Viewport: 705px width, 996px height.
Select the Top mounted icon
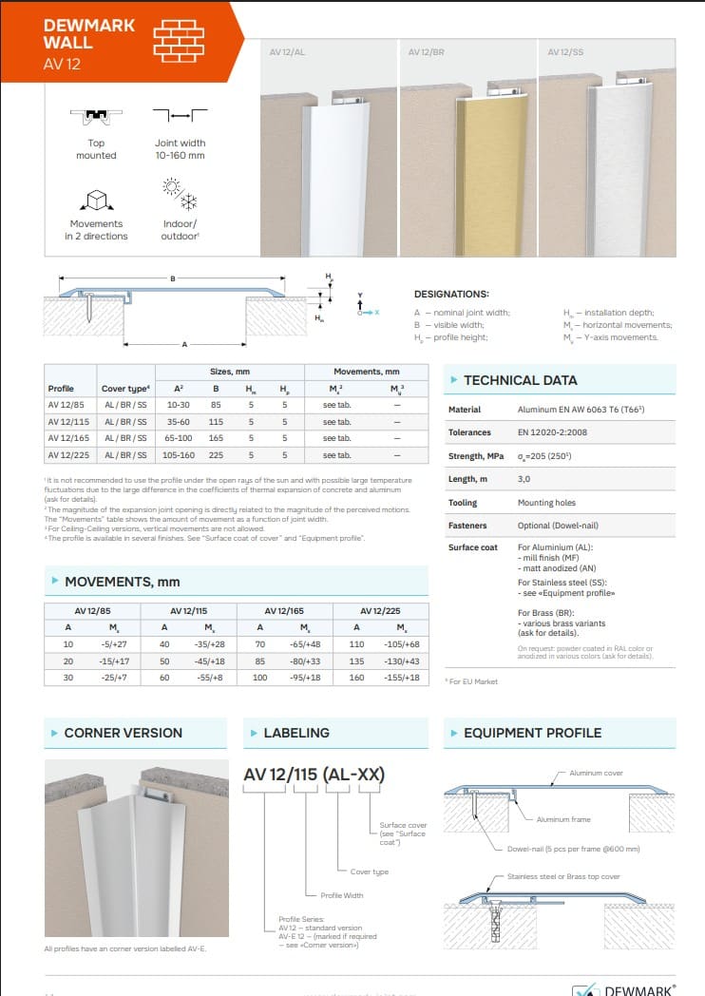click(x=96, y=117)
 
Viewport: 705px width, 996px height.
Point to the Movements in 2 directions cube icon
click(x=96, y=200)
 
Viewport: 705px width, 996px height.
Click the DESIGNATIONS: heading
click(x=451, y=295)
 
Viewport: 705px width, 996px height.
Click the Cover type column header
click(x=124, y=388)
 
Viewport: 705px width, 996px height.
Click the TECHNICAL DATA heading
click(x=520, y=380)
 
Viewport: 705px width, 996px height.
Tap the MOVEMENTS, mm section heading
click(x=122, y=581)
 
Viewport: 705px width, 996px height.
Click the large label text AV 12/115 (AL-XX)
click(x=314, y=775)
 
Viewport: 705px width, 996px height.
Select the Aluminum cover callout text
click(x=596, y=773)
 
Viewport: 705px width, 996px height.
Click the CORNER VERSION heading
click(x=123, y=733)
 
